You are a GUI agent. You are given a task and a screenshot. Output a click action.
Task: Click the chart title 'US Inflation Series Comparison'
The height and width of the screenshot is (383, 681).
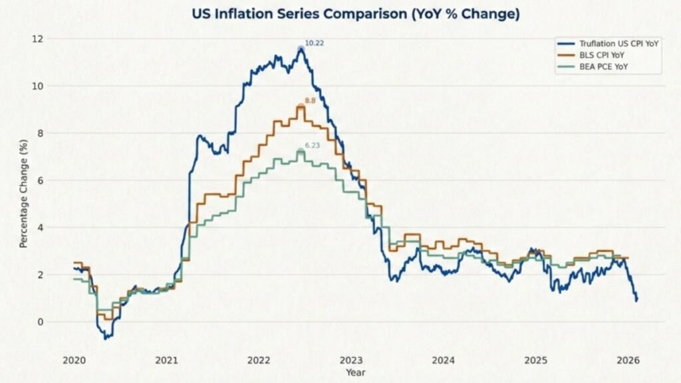coord(356,13)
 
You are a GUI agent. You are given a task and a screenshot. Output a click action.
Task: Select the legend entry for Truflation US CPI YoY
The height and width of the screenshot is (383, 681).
coord(609,44)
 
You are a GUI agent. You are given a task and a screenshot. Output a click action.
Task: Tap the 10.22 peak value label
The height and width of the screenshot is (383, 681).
coord(314,43)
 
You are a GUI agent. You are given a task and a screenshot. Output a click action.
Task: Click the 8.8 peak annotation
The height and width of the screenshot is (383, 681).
coord(310,100)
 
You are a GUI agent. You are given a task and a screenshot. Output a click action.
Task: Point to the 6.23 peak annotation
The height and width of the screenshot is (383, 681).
coord(313,146)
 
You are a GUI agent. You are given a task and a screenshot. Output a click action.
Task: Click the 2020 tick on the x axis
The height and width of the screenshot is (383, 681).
coord(74,360)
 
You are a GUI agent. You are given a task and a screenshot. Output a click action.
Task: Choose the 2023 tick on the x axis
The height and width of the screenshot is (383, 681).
coord(351,360)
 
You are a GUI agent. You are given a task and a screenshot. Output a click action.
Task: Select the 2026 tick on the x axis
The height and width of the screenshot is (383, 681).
coord(628,360)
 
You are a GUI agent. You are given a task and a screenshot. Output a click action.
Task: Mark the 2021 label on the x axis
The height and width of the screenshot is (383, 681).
coord(166,360)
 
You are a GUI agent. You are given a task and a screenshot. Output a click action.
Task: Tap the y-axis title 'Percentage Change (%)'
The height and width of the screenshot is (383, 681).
coord(23,193)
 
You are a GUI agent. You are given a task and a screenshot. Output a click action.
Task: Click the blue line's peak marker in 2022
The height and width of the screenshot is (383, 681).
coord(301,49)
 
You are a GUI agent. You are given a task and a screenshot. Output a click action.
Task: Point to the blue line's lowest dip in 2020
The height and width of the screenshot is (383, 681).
coord(104,338)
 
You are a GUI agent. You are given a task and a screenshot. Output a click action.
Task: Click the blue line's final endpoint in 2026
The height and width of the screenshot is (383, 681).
coord(636,300)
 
